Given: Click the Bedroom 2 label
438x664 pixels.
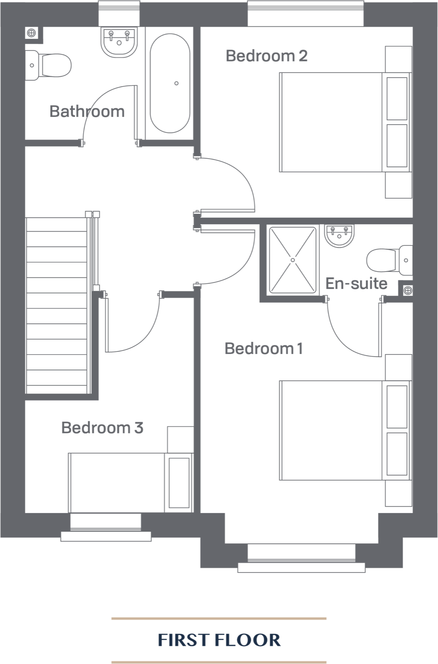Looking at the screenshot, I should (x=266, y=56).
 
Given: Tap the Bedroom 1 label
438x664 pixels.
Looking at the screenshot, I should (x=264, y=348).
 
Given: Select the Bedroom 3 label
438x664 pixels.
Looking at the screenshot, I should (x=102, y=428).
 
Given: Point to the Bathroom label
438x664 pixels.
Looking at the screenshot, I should (x=87, y=111).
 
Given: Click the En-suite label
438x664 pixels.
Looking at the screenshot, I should (x=356, y=284).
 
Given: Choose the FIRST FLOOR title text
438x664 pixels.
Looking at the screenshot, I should (x=219, y=640).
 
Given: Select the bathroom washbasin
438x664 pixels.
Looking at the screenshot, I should (x=120, y=41).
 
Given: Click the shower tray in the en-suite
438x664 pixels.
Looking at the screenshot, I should (x=292, y=260).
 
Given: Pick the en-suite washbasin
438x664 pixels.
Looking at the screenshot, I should (x=340, y=236).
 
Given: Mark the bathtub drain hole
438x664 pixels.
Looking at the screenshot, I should (x=176, y=83).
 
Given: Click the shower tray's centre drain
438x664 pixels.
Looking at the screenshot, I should (x=292, y=260).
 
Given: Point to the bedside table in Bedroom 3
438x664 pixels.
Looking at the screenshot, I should (x=180, y=439).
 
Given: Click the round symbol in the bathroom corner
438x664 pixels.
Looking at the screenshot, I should (x=31, y=32).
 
